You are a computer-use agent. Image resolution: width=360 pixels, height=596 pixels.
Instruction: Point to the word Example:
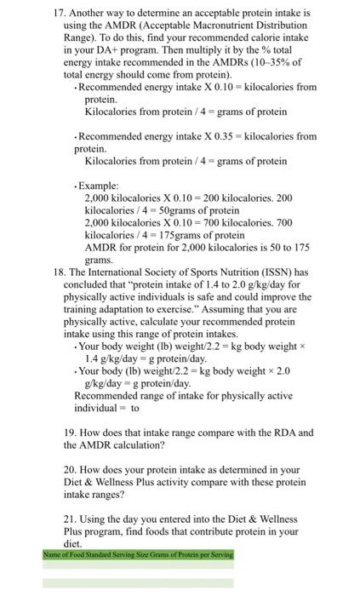click(x=103, y=185)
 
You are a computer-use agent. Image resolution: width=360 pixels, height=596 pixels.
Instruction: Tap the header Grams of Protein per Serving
click(x=192, y=554)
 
